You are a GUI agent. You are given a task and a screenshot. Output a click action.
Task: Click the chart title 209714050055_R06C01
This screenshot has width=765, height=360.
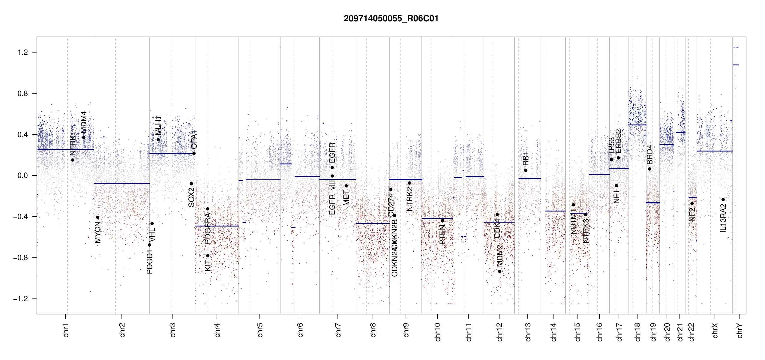coord(391,19)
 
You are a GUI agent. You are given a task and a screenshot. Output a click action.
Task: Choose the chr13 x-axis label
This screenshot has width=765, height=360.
coord(528,332)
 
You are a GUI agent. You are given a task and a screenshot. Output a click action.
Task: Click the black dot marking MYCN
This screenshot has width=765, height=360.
coord(97,217)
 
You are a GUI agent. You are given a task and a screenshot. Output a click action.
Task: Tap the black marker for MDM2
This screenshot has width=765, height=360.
coord(499,271)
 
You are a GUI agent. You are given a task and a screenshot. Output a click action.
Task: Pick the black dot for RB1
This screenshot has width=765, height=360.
coord(526,170)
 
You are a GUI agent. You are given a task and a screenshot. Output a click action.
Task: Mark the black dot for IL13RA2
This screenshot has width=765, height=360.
coord(723,200)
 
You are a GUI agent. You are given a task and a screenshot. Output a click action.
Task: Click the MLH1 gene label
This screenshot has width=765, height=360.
coord(158,125)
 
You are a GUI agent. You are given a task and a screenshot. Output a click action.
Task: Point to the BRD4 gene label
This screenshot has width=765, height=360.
coord(649,154)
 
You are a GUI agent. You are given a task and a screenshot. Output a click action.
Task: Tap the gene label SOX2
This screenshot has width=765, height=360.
coord(191,197)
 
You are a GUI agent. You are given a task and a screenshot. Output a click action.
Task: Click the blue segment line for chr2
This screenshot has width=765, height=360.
coord(121,183)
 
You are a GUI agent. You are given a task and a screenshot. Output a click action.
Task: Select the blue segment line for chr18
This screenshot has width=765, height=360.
coord(637,125)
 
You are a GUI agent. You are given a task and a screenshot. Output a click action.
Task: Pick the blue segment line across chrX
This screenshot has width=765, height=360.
coord(714,151)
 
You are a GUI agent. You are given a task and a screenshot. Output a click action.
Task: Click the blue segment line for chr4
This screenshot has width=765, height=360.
coord(217,226)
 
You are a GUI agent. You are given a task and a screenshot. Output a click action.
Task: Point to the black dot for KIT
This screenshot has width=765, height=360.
coord(208,256)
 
